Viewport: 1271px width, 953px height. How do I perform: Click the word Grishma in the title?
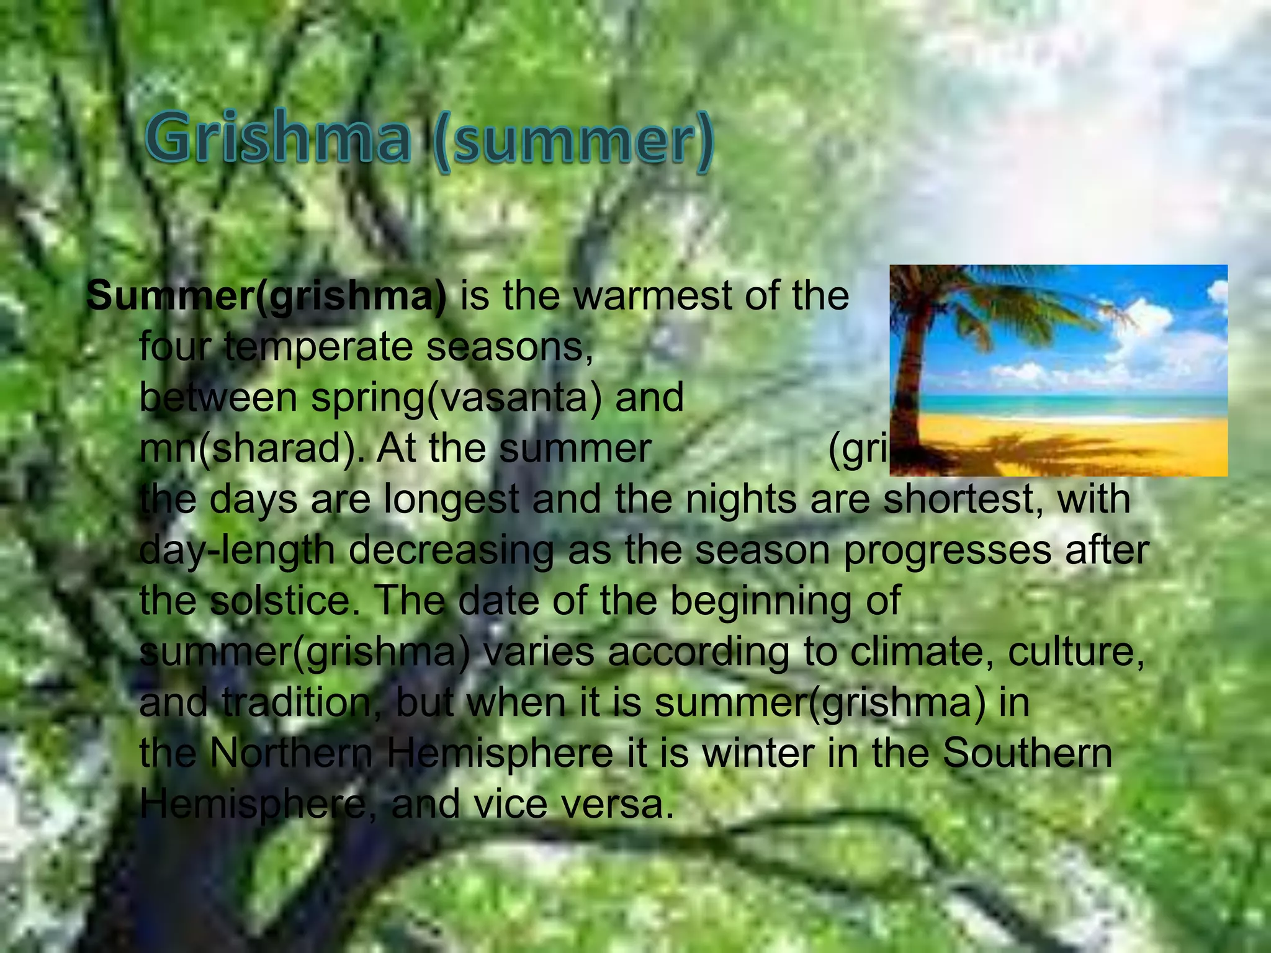point(279,140)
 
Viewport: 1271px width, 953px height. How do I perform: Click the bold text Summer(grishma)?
point(266,297)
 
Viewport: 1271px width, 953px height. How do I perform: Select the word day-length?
point(236,550)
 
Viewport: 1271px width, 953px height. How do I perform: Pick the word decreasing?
point(451,550)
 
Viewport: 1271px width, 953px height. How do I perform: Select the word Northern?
point(292,753)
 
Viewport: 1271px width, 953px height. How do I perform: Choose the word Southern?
point(1027,753)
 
